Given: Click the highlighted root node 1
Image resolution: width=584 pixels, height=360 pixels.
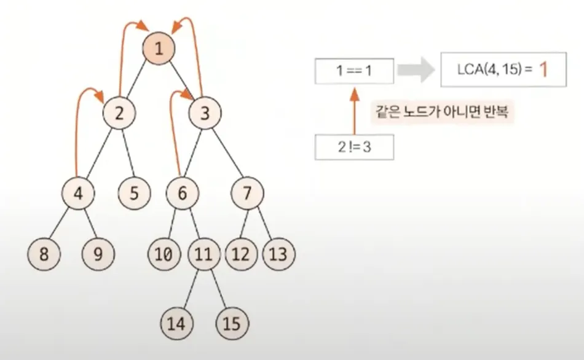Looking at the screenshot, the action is click(159, 49).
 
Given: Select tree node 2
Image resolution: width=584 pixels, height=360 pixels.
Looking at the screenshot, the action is click(119, 112).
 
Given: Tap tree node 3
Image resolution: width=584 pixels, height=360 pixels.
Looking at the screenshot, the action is click(205, 112).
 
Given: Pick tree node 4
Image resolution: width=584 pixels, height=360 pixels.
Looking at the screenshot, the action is click(78, 193).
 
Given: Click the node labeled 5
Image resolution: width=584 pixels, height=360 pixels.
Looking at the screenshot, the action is click(135, 193).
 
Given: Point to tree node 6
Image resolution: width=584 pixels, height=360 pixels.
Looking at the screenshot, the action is click(183, 193).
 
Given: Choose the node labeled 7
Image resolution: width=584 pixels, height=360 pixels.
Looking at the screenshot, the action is click(247, 193).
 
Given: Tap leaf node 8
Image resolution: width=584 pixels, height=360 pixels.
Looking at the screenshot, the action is click(44, 253).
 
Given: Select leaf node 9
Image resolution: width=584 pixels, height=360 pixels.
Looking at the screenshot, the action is click(98, 253).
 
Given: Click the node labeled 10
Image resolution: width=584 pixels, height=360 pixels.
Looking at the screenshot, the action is click(164, 253).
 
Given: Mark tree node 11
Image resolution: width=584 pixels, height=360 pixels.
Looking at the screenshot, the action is click(203, 253).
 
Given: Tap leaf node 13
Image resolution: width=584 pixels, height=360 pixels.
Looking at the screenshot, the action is click(278, 253).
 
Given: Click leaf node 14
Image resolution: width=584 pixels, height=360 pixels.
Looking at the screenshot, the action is click(176, 323).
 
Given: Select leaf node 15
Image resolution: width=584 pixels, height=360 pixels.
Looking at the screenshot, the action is click(232, 323).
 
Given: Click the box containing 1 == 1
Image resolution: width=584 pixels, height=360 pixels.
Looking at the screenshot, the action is click(354, 71).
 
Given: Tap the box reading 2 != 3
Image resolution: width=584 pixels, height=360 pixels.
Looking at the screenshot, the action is click(354, 148).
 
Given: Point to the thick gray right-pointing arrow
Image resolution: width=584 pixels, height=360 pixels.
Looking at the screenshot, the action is click(415, 70).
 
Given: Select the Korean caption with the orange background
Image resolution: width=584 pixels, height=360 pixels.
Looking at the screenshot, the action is click(442, 114).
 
